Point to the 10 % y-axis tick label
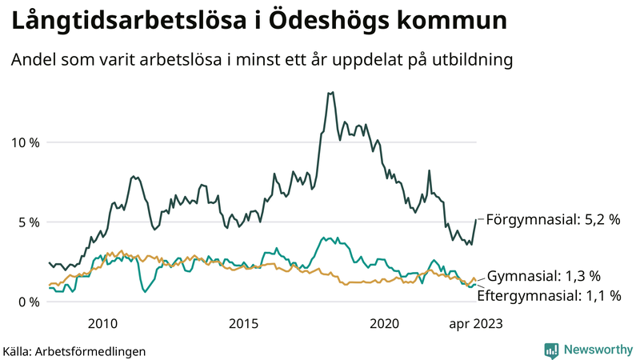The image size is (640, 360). click(x=23, y=142)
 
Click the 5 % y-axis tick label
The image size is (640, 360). click(x=27, y=222)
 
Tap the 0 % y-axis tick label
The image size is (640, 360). click(x=27, y=302)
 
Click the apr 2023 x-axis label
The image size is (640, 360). click(x=475, y=323)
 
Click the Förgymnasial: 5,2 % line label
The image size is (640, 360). click(x=553, y=218)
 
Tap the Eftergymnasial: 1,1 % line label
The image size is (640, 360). click(x=549, y=295)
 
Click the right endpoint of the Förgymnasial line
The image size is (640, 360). click(x=476, y=219)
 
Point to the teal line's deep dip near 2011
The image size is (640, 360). click(x=145, y=292)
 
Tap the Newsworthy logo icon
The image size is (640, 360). click(x=551, y=350)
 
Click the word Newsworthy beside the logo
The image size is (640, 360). click(x=597, y=350)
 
